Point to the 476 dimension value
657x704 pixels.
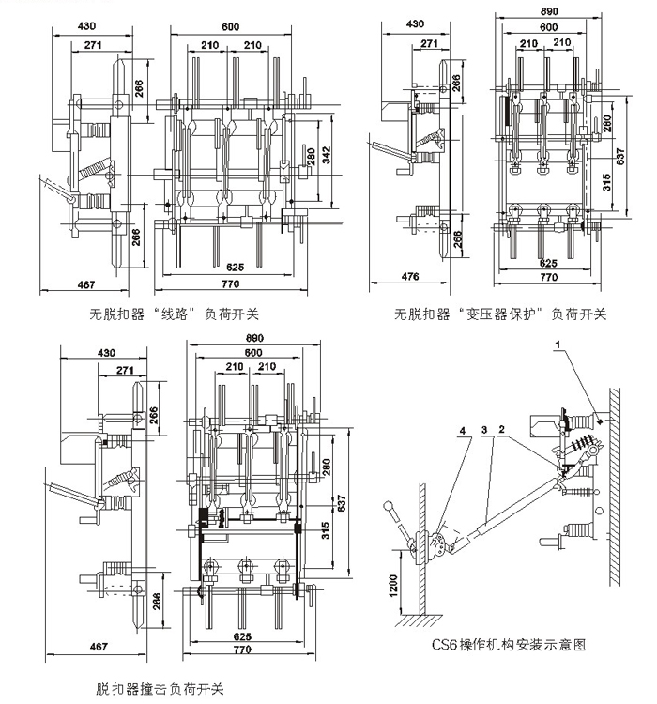[x=409, y=276]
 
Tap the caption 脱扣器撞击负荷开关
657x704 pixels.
[x=160, y=688]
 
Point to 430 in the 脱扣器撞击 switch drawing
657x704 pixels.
[x=106, y=353]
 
